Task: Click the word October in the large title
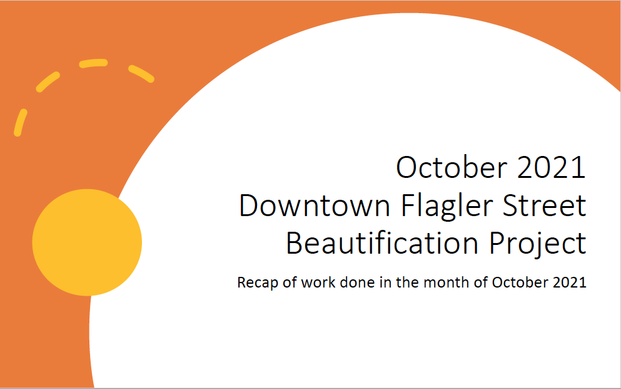[x=452, y=167]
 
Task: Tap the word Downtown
[x=315, y=205]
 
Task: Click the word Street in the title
[x=545, y=205]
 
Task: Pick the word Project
[x=538, y=244]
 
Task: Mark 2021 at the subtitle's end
[x=570, y=283]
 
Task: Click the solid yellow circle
[x=87, y=242]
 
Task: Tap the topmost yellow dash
[x=93, y=63]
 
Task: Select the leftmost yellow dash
[x=20, y=123]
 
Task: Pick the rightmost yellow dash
[x=141, y=74]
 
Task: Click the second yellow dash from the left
[x=48, y=81]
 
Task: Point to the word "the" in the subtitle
[x=408, y=283]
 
